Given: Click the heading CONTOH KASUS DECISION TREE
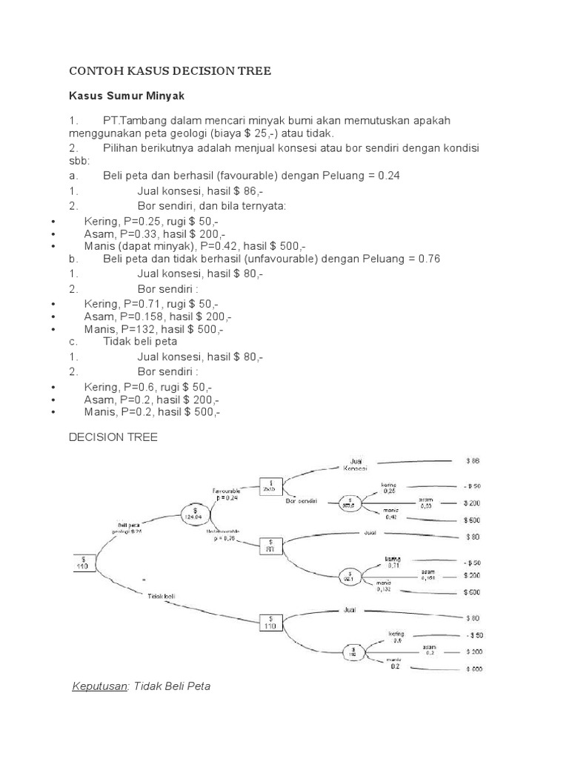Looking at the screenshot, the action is coord(170,71).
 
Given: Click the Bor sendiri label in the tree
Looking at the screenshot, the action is coord(302,500).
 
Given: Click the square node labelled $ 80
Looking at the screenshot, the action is coord(270,546).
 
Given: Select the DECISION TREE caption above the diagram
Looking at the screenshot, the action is coord(113,438).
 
